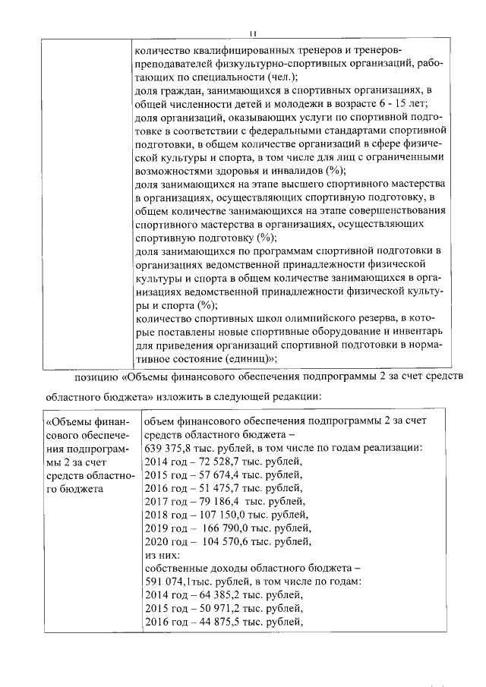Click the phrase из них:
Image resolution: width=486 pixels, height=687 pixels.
tap(161, 555)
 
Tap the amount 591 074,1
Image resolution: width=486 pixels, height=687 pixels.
tap(169, 581)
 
